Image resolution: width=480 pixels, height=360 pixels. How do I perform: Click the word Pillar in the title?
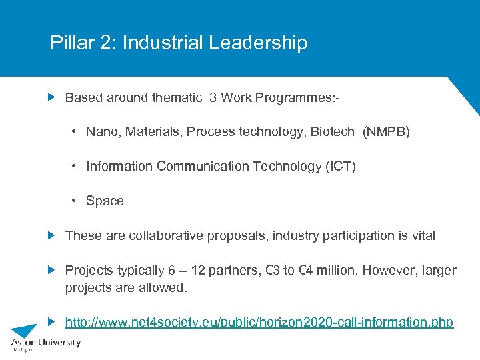(x=69, y=43)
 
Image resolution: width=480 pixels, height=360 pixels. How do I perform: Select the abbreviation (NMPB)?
(x=386, y=132)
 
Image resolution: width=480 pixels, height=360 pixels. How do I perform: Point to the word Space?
(x=105, y=201)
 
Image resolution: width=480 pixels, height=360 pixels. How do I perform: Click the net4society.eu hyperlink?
(x=259, y=323)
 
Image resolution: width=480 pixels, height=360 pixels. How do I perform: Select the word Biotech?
(x=332, y=132)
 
